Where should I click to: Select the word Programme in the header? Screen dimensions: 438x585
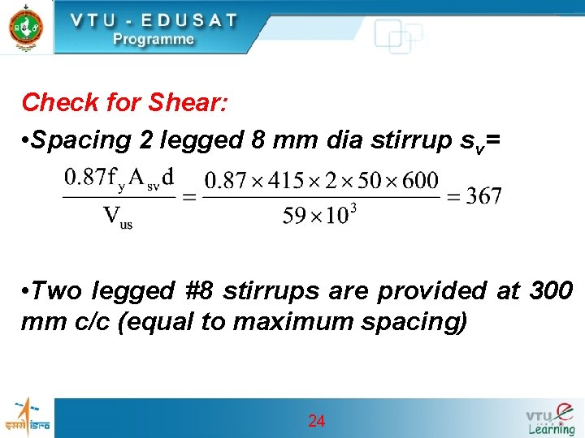pos(154,39)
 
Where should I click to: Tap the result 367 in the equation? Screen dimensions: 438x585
pos(484,195)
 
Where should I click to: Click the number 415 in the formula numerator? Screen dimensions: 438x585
pos(284,179)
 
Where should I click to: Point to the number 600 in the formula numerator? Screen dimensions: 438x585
pos(419,179)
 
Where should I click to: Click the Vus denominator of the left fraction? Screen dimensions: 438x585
pos(117,218)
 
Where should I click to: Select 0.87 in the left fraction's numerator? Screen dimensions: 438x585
pos(84,177)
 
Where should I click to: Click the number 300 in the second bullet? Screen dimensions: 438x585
pos(552,290)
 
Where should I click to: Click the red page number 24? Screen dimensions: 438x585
pos(317,421)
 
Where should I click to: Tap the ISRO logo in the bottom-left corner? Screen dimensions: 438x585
pos(27,417)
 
